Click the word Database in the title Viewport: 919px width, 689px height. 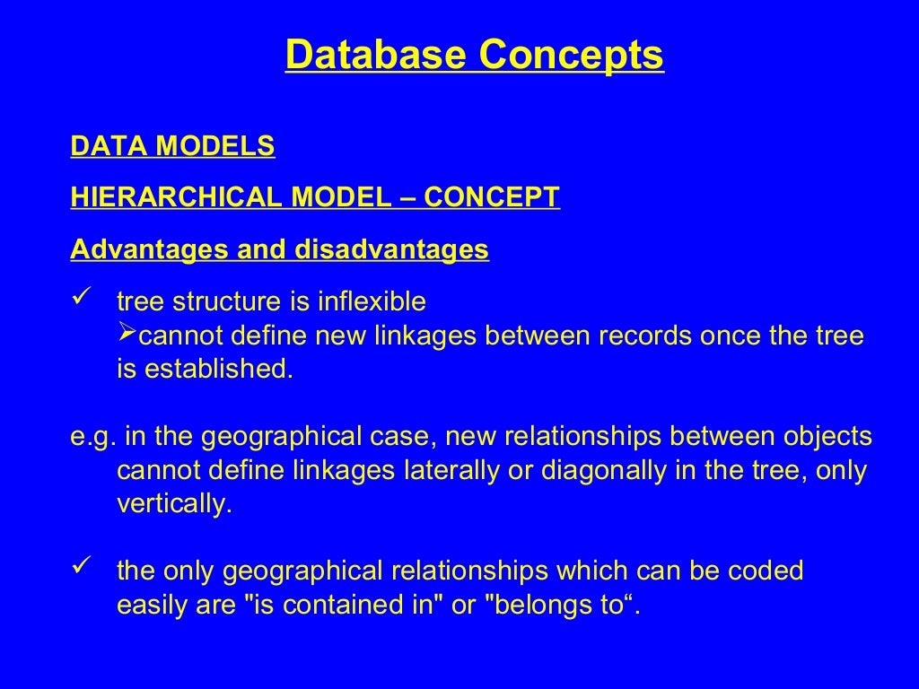click(x=377, y=55)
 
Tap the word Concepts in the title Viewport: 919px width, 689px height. click(x=570, y=55)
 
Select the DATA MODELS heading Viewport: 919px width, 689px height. click(x=172, y=146)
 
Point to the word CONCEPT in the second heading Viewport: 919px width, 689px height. click(x=492, y=197)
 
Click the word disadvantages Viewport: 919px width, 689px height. click(x=392, y=249)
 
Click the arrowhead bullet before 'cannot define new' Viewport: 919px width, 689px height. click(x=127, y=335)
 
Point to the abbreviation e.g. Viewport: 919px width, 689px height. click(x=93, y=438)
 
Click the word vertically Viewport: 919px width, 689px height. click(x=174, y=504)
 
